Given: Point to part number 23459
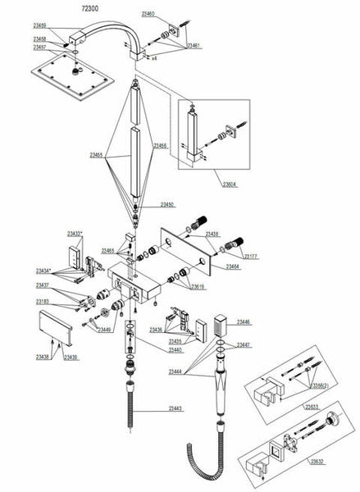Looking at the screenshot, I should [39, 26].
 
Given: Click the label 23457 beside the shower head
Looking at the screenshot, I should [39, 48].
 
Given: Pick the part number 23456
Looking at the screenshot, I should [161, 145].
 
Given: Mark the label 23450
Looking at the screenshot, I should [166, 204].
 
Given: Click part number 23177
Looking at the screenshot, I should [251, 257].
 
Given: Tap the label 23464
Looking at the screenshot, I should [232, 266].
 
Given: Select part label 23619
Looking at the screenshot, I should [198, 287].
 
